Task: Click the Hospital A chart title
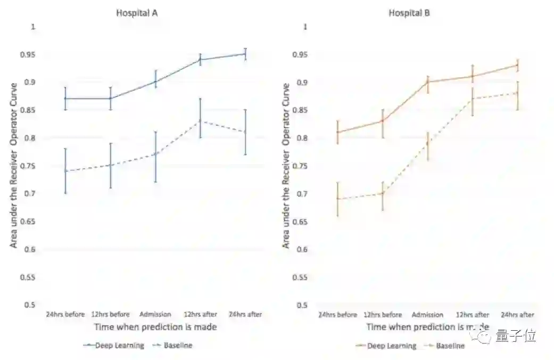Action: (137, 13)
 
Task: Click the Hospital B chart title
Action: (409, 13)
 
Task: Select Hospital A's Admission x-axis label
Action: (155, 314)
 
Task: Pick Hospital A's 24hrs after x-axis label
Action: (245, 314)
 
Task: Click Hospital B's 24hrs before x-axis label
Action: (337, 315)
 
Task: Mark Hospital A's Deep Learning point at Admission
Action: (155, 82)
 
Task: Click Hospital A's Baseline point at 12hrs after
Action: (201, 121)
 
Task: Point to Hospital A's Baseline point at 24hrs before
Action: (65, 171)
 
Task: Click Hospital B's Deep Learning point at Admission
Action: (427, 81)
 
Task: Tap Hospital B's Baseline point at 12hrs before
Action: (382, 193)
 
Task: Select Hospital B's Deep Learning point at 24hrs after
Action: (517, 66)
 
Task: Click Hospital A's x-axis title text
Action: (155, 326)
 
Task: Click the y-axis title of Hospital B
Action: (286, 166)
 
